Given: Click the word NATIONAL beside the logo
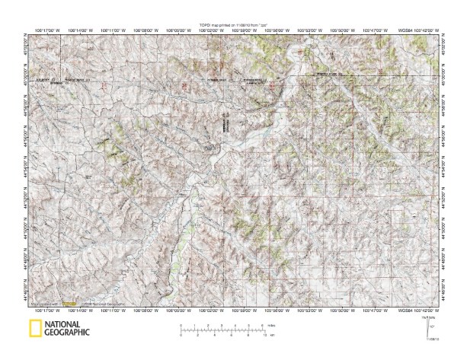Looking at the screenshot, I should click(x=66, y=325).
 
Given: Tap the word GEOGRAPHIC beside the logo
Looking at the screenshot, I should click(x=67, y=333).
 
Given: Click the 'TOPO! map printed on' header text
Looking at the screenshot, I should click(x=233, y=25).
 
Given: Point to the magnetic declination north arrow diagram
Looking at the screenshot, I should click(x=430, y=328).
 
